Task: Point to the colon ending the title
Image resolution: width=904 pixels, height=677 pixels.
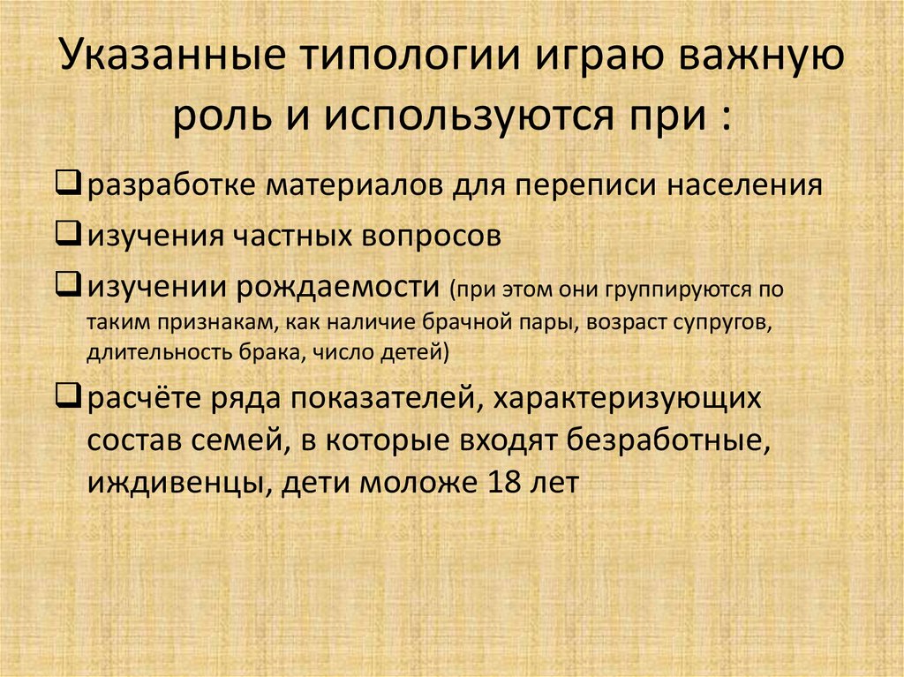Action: tap(726, 117)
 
